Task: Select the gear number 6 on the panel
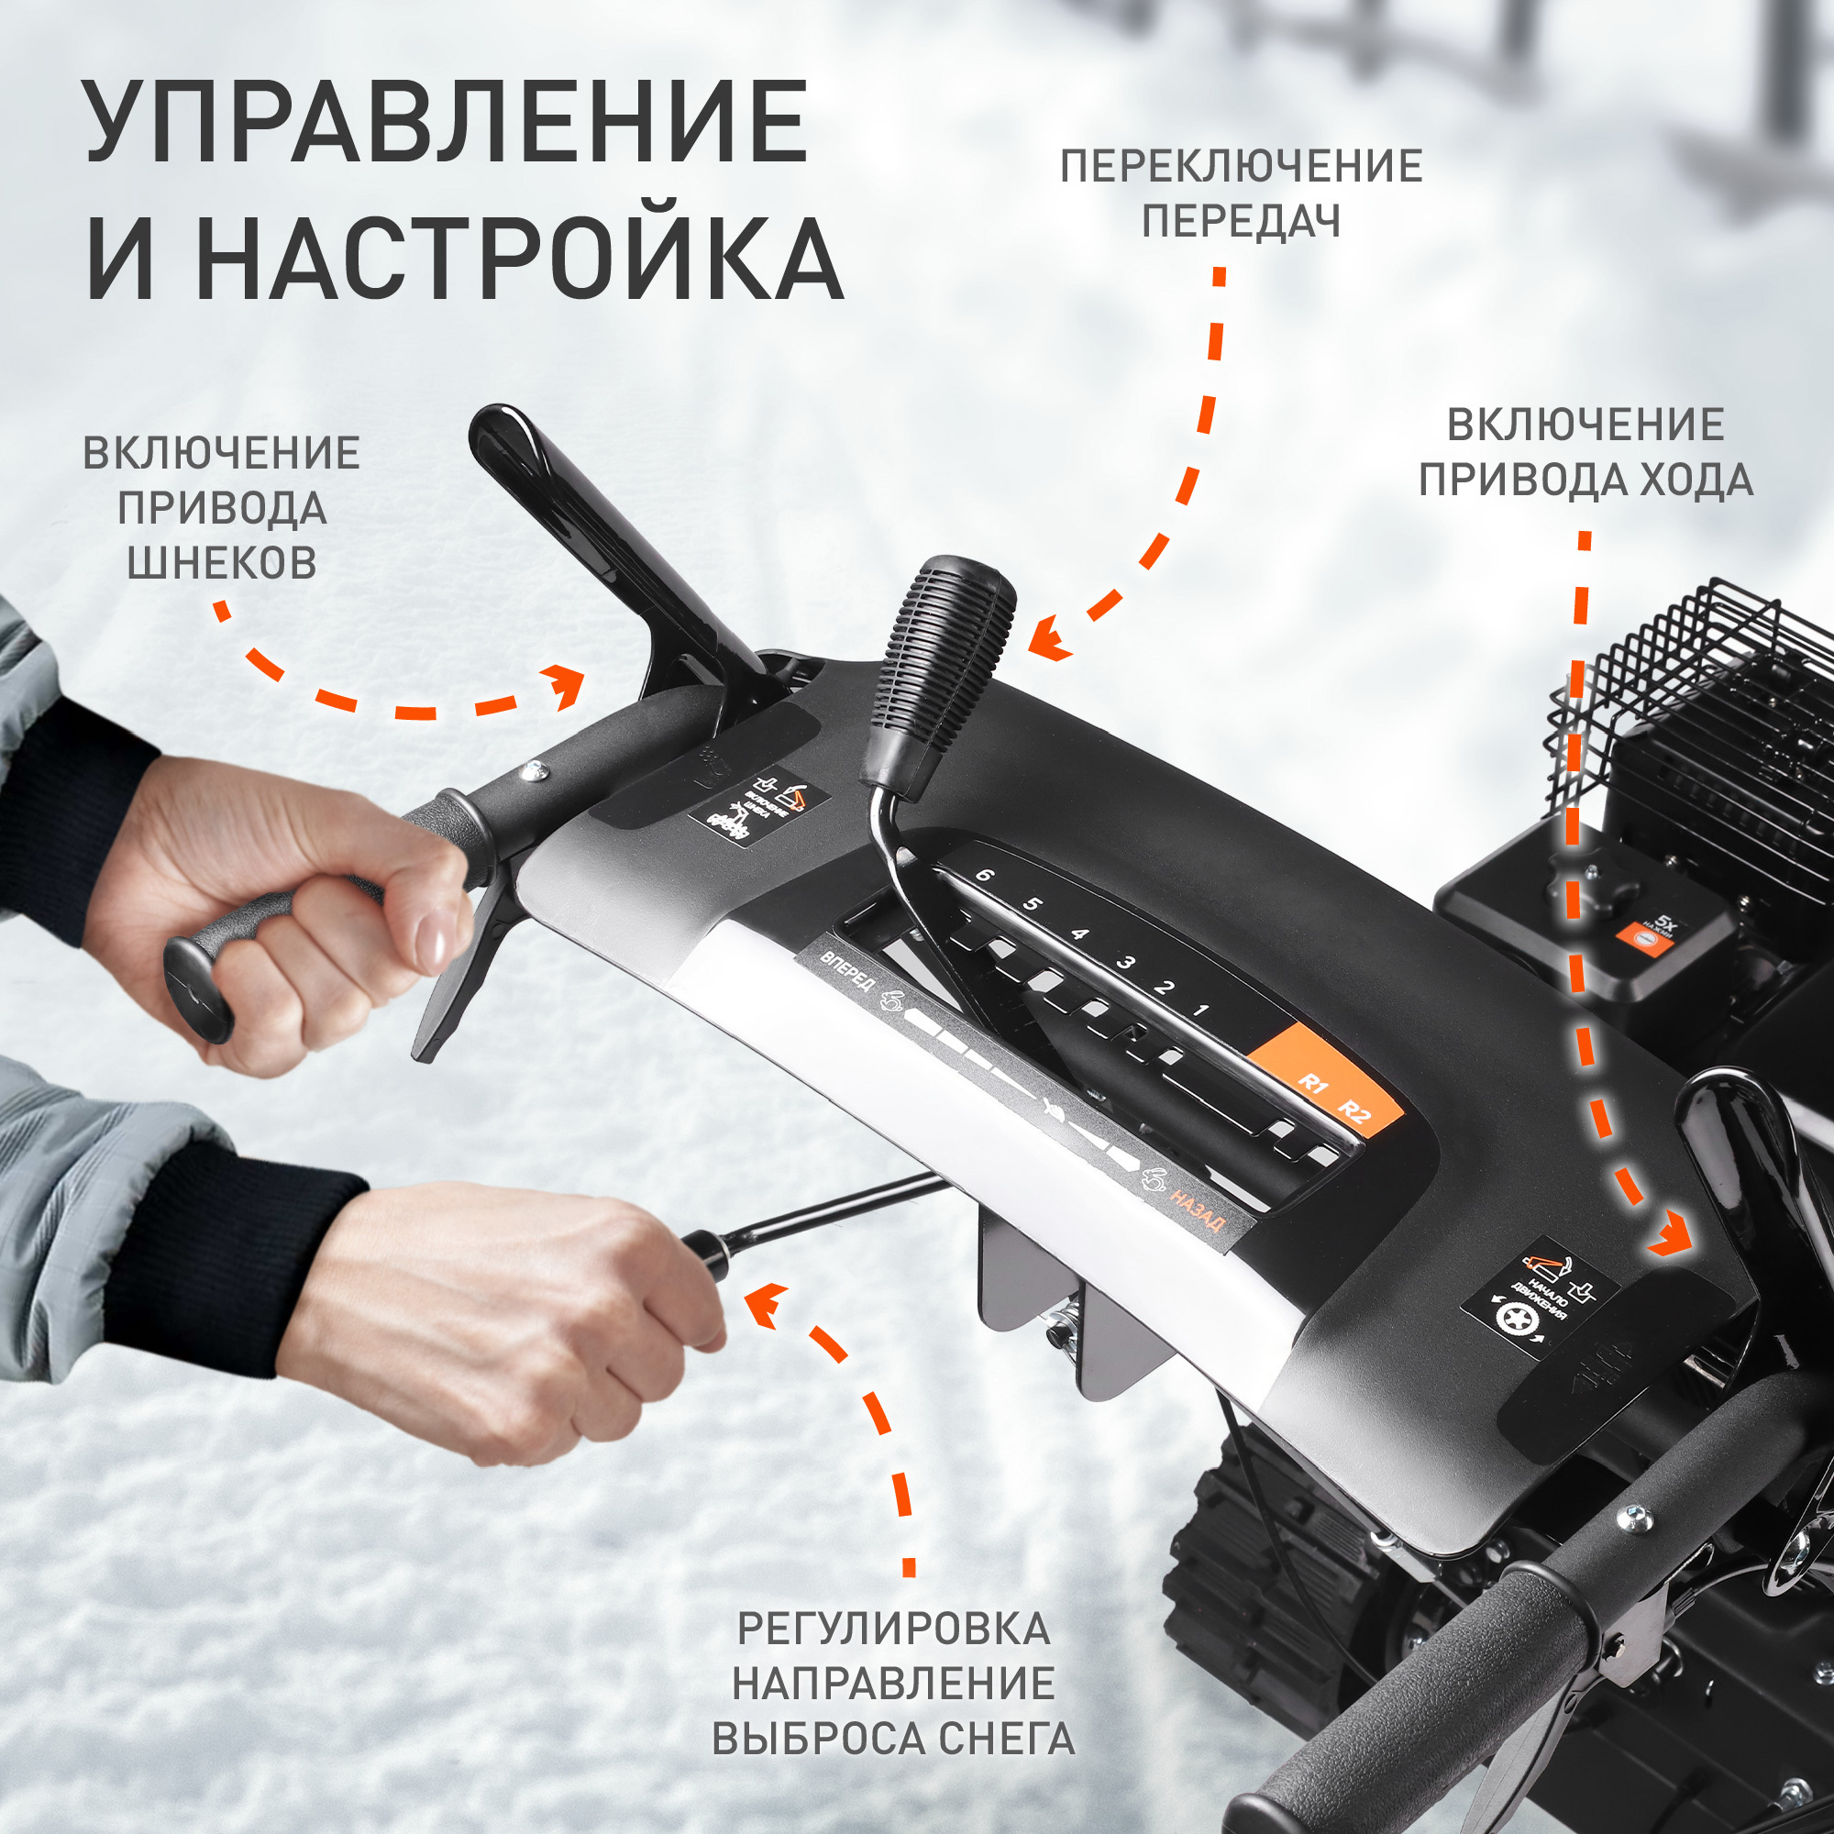point(984,874)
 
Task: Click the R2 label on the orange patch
point(1355,1111)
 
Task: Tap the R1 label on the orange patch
point(1312,1083)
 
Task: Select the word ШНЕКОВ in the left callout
point(222,564)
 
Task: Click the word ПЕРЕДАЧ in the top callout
point(1241,221)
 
